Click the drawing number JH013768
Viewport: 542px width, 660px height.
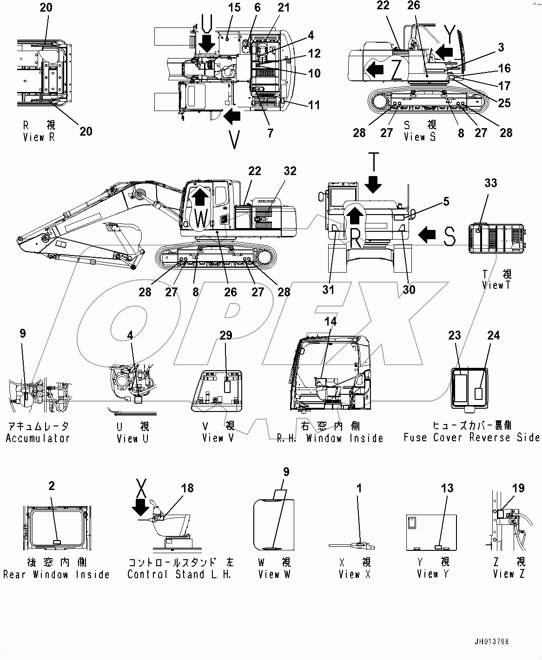492,642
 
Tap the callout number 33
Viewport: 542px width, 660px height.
491,183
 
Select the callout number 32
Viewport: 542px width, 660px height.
290,171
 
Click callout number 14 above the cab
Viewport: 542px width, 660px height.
330,321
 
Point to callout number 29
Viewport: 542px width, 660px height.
226,335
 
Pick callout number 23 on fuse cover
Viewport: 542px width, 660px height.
455,335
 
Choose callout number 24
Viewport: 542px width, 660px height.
493,335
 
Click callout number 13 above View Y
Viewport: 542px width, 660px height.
447,488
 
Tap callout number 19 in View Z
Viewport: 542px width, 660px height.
518,488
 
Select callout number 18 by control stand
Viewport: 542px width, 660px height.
187,488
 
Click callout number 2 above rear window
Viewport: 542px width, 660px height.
52,486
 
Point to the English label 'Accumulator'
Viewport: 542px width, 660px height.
38,438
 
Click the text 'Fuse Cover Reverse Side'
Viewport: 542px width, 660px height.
471,438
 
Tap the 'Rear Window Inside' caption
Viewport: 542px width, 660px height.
56,575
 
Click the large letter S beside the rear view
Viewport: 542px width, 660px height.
449,236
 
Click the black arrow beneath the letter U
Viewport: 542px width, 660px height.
206,44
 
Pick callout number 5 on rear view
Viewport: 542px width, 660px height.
446,202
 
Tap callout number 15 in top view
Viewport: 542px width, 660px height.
234,7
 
